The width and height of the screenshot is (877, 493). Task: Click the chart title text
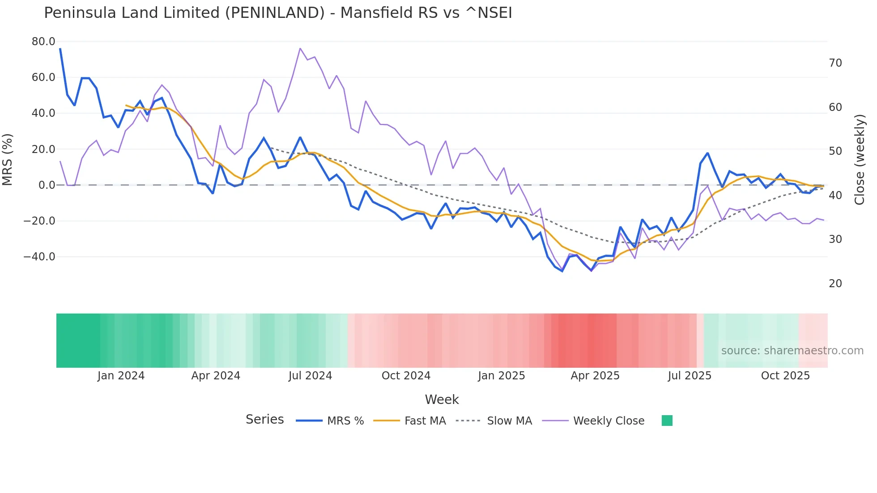[x=277, y=13]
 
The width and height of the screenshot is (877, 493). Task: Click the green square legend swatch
[x=667, y=421]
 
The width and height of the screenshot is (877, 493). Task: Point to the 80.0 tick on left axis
[x=43, y=42]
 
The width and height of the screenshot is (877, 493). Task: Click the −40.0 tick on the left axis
[x=39, y=257]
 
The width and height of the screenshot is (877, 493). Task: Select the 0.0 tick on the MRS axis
[x=47, y=185]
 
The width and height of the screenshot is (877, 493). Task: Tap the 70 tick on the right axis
[x=835, y=63]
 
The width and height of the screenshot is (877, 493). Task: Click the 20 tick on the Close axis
[x=835, y=284]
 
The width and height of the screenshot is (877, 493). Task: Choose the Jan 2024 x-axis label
[x=121, y=376]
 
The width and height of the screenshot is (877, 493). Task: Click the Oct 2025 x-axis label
[x=785, y=376]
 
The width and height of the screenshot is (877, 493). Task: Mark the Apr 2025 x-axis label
[x=595, y=376]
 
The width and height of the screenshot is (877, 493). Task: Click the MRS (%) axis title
[x=8, y=159]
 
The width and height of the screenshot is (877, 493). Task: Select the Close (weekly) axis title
[x=859, y=160]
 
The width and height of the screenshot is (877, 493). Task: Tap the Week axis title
[x=442, y=399]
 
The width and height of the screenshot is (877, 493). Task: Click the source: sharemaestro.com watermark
[x=792, y=351]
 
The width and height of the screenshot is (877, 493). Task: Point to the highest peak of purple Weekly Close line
[x=300, y=48]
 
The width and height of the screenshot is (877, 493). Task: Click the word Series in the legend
[x=264, y=420]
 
